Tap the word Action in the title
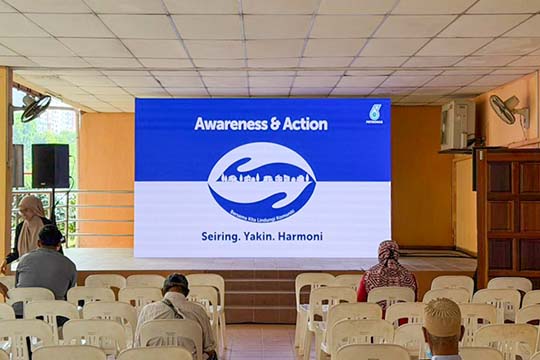click(304, 124)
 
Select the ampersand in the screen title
click(274, 124)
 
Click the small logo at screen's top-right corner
click(374, 113)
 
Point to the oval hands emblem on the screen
click(262, 180)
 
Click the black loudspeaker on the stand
click(50, 166)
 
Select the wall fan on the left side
click(33, 107)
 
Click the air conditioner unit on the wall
click(457, 124)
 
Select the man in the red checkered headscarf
click(387, 270)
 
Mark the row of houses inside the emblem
click(261, 178)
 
